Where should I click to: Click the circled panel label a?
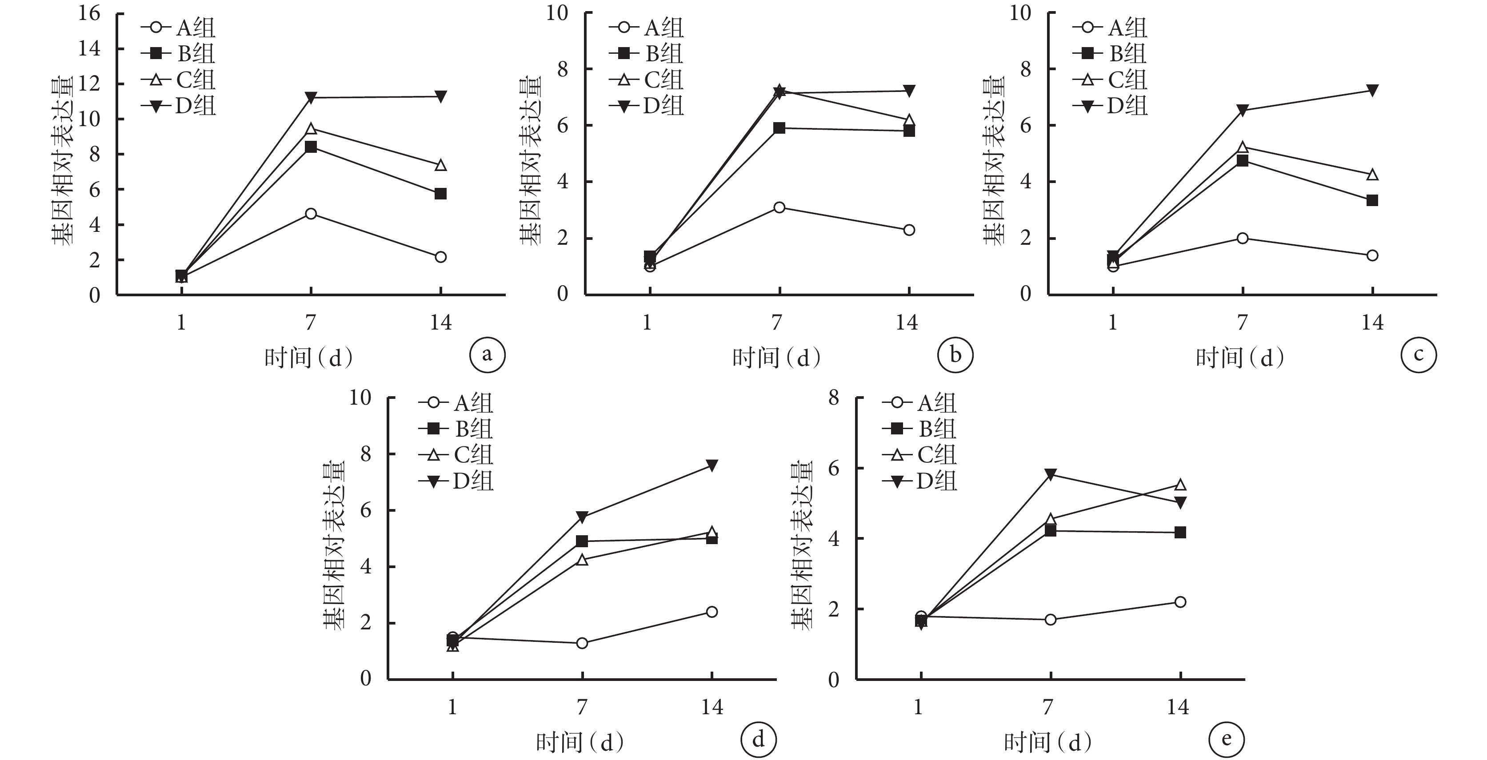tap(487, 354)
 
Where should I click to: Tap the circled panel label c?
tap(1418, 354)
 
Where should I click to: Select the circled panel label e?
tap(1227, 739)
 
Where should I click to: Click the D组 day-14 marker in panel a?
tap(440, 96)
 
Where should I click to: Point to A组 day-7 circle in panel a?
tap(311, 214)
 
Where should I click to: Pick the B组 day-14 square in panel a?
tap(440, 194)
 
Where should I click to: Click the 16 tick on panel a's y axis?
tap(89, 13)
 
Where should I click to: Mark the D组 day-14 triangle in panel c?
tap(1373, 91)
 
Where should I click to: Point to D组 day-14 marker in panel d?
tap(712, 465)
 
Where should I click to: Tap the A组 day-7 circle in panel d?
tap(582, 643)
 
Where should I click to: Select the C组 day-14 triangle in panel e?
tap(1180, 485)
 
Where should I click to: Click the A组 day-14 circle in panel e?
tap(1180, 602)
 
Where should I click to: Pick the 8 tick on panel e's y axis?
tap(834, 398)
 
